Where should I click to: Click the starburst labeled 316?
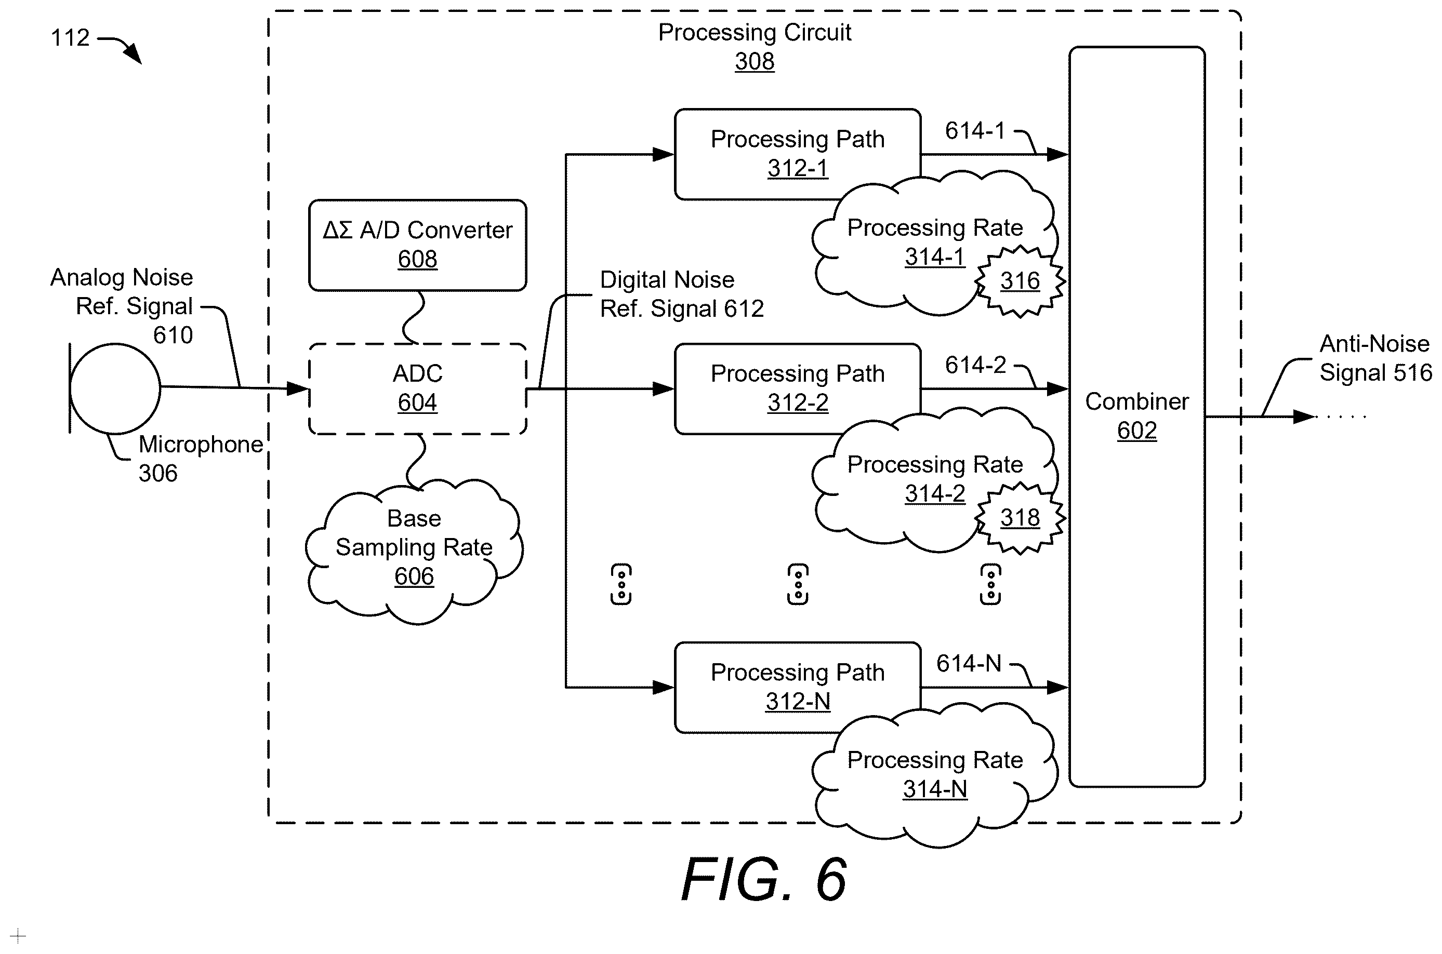pyautogui.click(x=1020, y=281)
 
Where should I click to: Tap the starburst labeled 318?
pyautogui.click(x=1020, y=518)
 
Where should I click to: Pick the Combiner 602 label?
pyautogui.click(x=1137, y=415)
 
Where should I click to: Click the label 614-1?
pyautogui.click(x=975, y=130)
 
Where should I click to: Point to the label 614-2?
pyautogui.click(x=975, y=365)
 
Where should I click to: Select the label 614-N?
pyautogui.click(x=969, y=663)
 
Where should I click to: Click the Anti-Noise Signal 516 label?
pyautogui.click(x=1375, y=358)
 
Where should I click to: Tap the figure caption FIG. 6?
pyautogui.click(x=764, y=879)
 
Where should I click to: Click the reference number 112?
pyautogui.click(x=70, y=38)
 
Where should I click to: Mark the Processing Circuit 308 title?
pyautogui.click(x=755, y=46)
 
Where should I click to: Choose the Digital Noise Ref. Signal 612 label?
pyautogui.click(x=682, y=294)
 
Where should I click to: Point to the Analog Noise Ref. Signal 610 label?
pyautogui.click(x=122, y=305)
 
